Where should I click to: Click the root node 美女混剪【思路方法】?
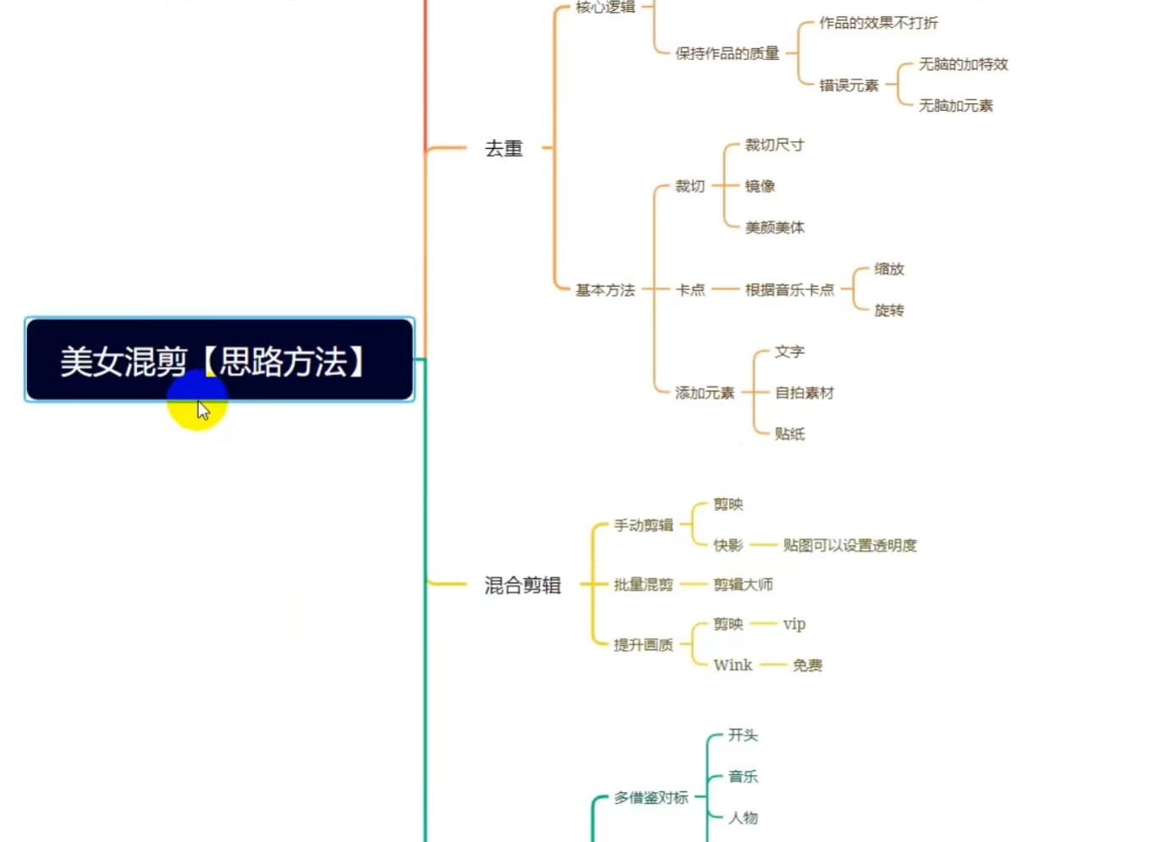pos(220,360)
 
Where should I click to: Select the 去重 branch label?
pos(504,149)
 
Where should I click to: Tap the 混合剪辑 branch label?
pos(523,585)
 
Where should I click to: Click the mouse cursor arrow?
pos(203,410)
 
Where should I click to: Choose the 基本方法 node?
pos(605,290)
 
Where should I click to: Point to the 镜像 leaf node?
pos(760,186)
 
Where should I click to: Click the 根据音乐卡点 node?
pos(789,290)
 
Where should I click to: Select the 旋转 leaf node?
pos(889,311)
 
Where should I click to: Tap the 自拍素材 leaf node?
pos(805,393)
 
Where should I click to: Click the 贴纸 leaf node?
pos(789,434)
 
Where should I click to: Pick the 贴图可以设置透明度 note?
pos(849,545)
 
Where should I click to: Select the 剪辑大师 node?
pos(743,585)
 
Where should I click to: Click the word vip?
pos(794,625)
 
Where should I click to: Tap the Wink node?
pos(733,665)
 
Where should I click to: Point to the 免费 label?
pos(807,665)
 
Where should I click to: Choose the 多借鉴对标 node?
pos(651,798)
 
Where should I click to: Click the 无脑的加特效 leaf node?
pos(963,64)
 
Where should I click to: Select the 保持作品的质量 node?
pos(727,53)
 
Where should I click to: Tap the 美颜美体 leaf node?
pos(775,228)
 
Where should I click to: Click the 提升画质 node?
pos(643,645)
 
